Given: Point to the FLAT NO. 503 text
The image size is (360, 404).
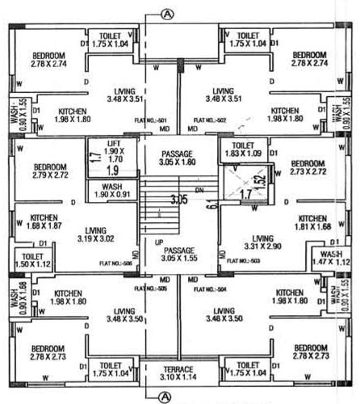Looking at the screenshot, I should coord(243,262).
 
